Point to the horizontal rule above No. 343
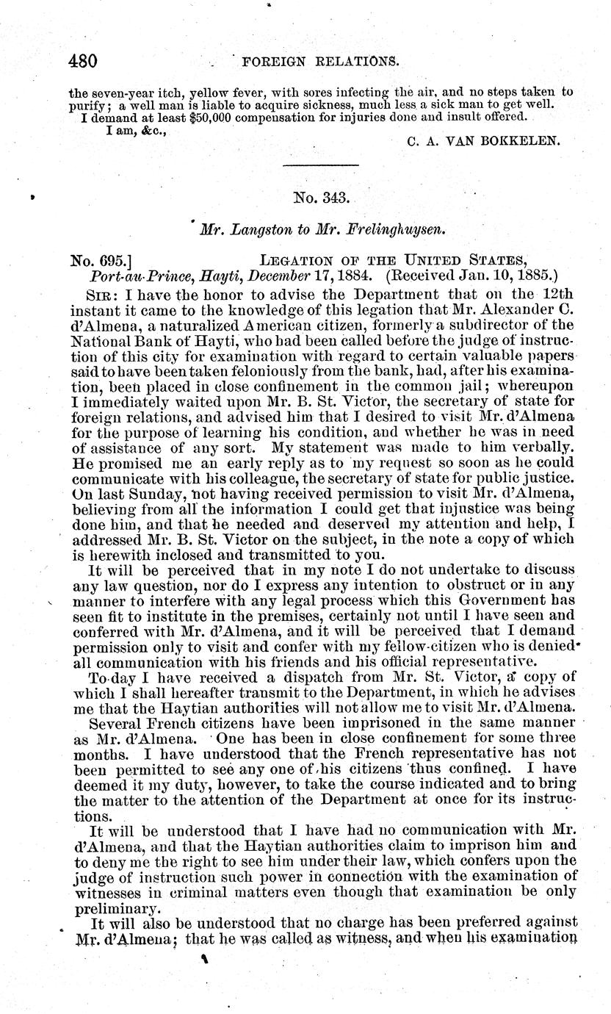[320, 166]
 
